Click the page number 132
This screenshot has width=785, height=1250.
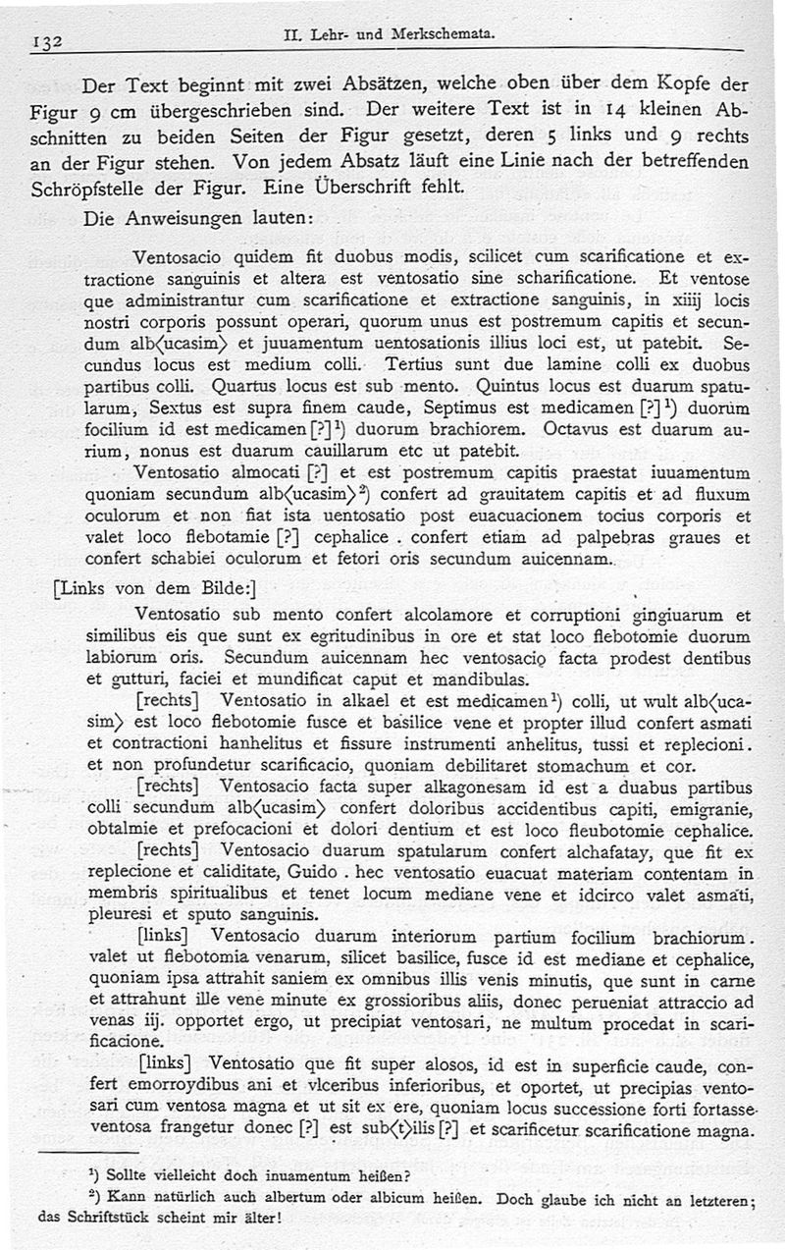point(48,42)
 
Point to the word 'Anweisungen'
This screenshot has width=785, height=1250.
point(181,220)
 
